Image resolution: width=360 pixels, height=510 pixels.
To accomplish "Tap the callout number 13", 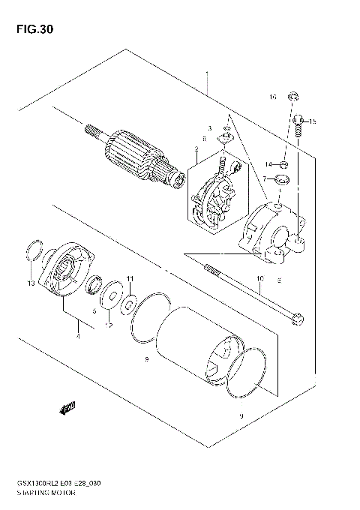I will [x=31, y=284].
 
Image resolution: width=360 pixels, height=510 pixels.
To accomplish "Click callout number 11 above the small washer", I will [x=129, y=279].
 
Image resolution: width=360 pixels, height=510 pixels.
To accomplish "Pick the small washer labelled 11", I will [x=128, y=304].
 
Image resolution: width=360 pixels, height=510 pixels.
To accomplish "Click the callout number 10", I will [x=259, y=280].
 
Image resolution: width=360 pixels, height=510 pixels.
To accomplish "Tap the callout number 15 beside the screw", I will [x=313, y=121].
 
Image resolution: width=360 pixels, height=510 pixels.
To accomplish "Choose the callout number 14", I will [x=267, y=163].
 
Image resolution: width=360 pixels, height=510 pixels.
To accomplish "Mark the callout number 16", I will [x=273, y=97].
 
